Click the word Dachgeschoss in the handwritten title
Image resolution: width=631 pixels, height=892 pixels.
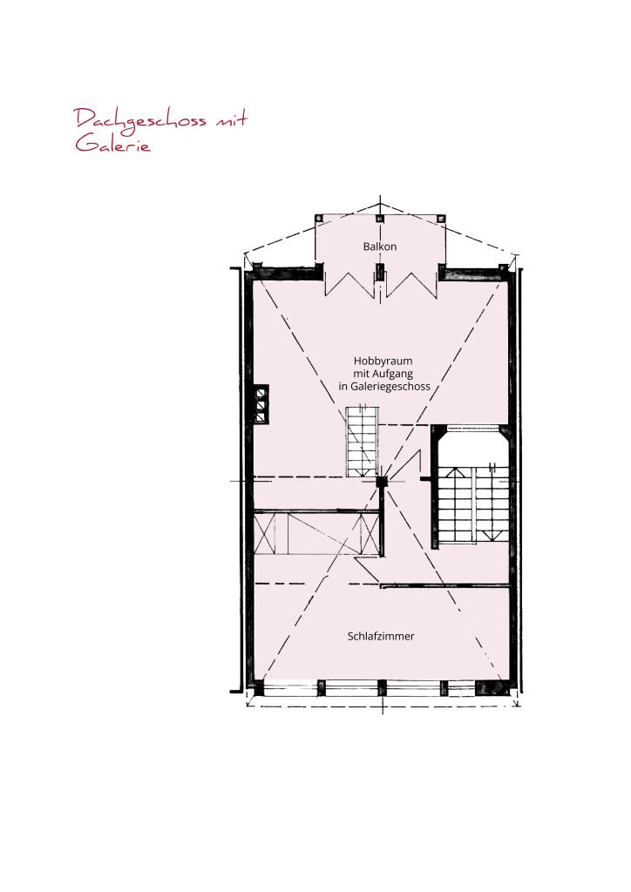[140, 121]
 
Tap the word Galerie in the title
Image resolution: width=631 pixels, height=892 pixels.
[113, 144]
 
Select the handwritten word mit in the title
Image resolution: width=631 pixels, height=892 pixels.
[231, 119]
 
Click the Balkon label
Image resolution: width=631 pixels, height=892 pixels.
[379, 247]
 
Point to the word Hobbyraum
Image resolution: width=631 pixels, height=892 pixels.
[383, 362]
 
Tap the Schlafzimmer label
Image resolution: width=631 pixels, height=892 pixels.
[381, 636]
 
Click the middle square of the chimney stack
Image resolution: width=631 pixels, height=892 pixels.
[261, 404]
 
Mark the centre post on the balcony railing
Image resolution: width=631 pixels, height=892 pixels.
[380, 218]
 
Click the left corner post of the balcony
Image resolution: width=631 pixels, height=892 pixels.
[319, 218]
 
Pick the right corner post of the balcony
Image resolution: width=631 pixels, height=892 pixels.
[441, 218]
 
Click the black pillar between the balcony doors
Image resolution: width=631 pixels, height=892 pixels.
[380, 272]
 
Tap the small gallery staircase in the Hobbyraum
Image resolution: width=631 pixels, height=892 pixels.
[362, 442]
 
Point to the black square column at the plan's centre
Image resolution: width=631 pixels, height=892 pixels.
[381, 481]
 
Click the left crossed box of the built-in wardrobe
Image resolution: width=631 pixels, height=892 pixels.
[265, 533]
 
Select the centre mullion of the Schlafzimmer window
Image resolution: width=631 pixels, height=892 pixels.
[382, 688]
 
